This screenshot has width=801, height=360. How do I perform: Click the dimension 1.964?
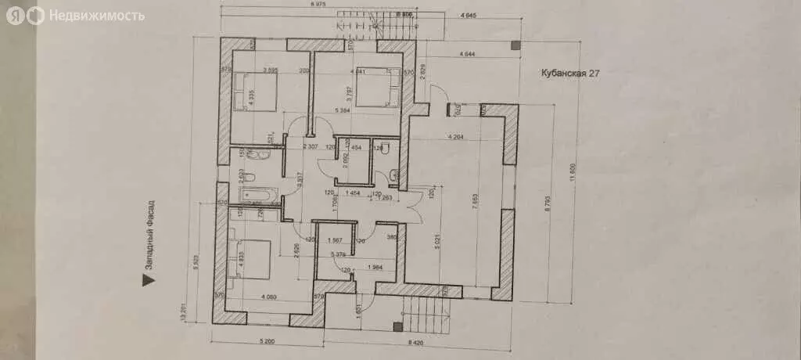[x=375, y=268]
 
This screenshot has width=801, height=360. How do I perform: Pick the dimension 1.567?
[x=336, y=240]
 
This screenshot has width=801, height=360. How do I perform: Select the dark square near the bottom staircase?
[x=397, y=326]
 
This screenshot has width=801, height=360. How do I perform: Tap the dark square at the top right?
[x=515, y=46]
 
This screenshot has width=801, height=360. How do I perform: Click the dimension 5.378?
[x=339, y=254]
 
